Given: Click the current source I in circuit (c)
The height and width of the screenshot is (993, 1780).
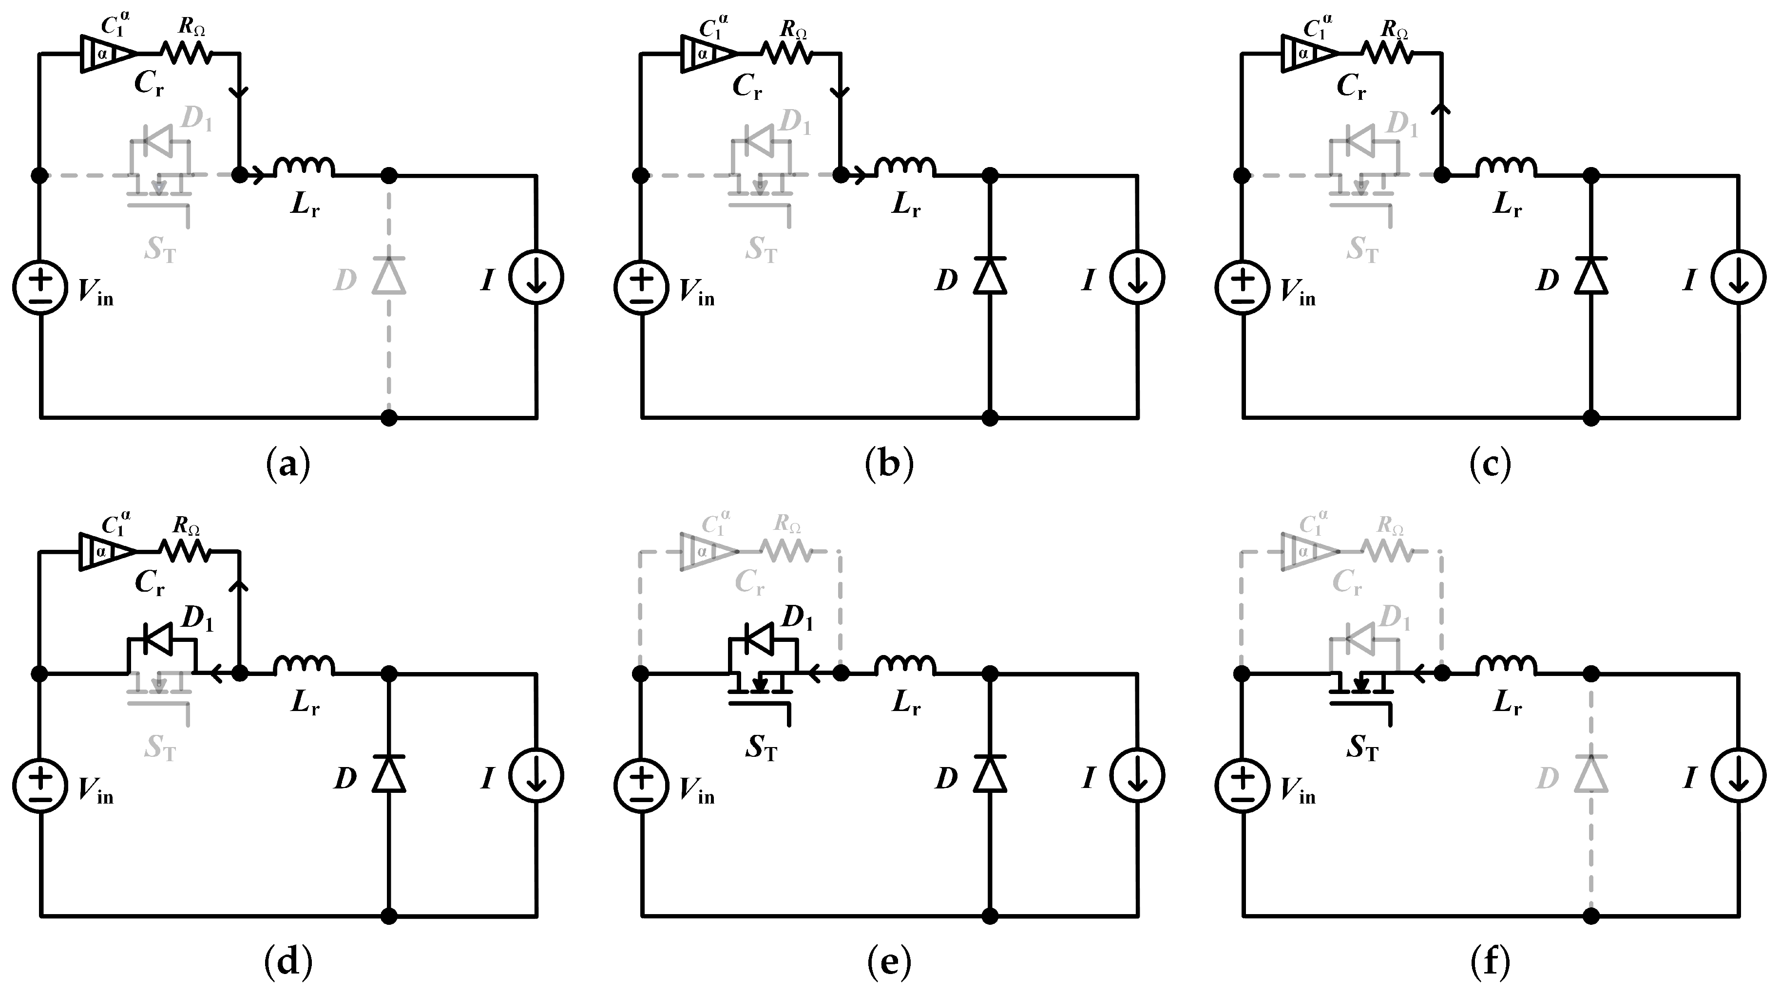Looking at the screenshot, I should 1739,278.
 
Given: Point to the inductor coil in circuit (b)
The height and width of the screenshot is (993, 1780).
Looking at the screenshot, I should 905,168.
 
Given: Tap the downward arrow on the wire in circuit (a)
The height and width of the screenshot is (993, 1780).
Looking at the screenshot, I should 239,92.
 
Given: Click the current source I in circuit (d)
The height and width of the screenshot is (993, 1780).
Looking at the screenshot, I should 536,776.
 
